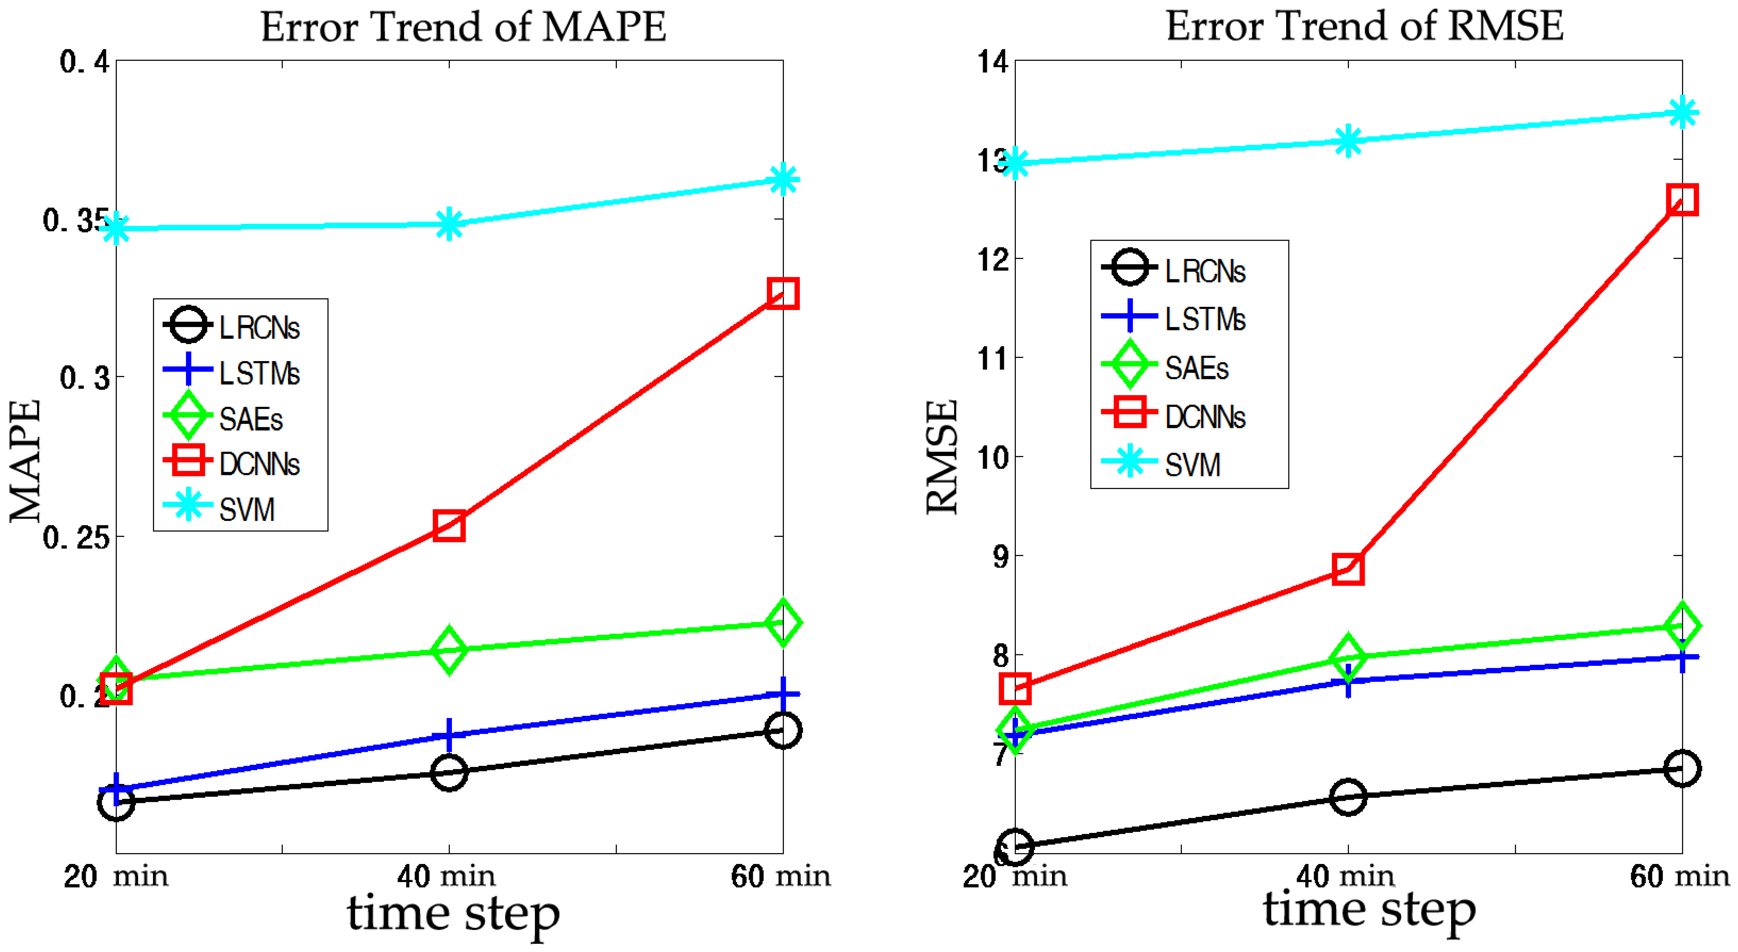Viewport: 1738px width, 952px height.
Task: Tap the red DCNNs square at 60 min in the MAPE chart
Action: click(783, 294)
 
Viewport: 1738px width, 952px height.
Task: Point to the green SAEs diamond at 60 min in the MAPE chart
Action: click(783, 622)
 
